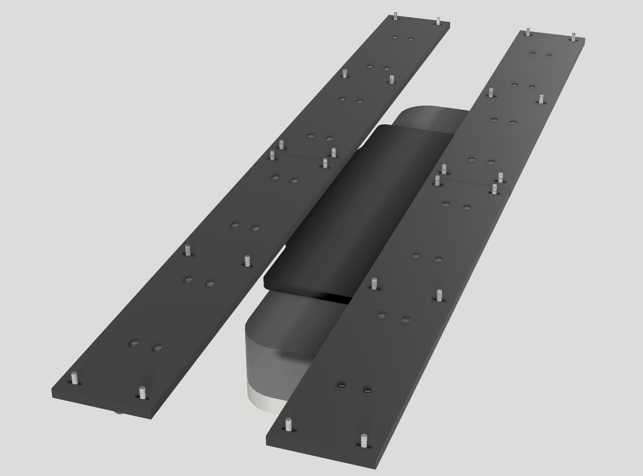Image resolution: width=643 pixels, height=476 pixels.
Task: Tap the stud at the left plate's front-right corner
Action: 142,392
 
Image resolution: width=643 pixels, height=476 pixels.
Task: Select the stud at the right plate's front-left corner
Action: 288,424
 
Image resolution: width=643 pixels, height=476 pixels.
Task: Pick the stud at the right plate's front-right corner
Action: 364,440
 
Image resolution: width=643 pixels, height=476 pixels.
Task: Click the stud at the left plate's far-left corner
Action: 395,16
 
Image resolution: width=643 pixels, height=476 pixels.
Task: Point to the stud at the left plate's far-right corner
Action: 438,21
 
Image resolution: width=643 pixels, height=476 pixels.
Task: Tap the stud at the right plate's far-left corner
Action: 528,31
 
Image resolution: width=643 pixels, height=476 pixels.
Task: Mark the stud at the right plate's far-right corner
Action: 573,37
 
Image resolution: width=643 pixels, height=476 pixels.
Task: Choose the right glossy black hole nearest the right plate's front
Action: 367,391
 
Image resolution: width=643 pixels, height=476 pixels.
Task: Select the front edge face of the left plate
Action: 101,405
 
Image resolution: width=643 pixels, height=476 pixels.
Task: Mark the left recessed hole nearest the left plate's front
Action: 134,343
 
